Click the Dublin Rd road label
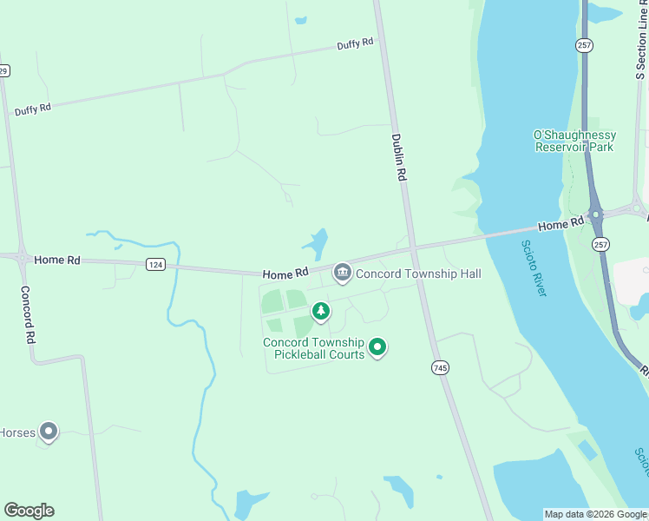(x=399, y=156)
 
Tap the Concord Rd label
(x=28, y=314)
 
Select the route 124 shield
(x=155, y=265)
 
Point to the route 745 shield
(x=441, y=368)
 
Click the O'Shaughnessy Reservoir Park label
(x=574, y=141)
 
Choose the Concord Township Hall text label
(x=418, y=274)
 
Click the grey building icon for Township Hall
(x=343, y=274)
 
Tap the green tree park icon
(x=321, y=311)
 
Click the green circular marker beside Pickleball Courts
(x=377, y=348)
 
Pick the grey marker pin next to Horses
(x=49, y=431)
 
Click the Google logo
(x=29, y=511)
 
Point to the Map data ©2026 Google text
(x=595, y=514)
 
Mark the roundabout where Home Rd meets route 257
(x=595, y=214)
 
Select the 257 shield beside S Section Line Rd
(x=583, y=43)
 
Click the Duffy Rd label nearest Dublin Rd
(x=356, y=43)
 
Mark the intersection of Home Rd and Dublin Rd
(x=414, y=249)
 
